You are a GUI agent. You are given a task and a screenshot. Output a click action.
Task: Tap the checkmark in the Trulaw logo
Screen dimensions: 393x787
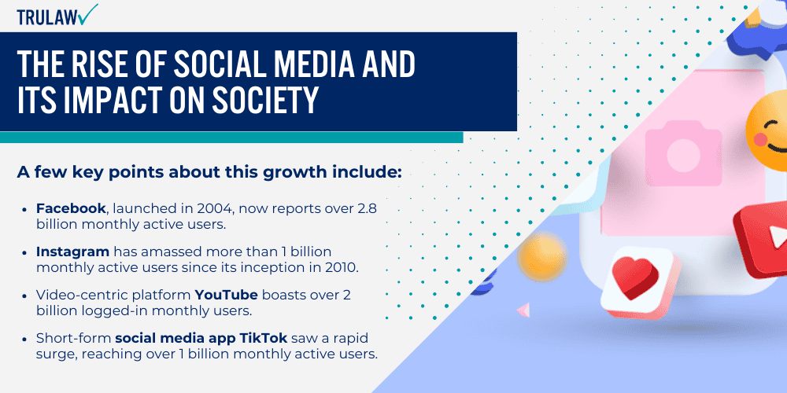pos(88,13)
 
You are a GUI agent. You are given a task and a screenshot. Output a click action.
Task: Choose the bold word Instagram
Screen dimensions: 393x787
pos(71,252)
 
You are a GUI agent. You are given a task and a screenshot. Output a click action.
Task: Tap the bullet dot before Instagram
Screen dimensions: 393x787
pos(27,253)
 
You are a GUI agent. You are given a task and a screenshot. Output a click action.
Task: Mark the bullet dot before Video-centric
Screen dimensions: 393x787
pos(27,296)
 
